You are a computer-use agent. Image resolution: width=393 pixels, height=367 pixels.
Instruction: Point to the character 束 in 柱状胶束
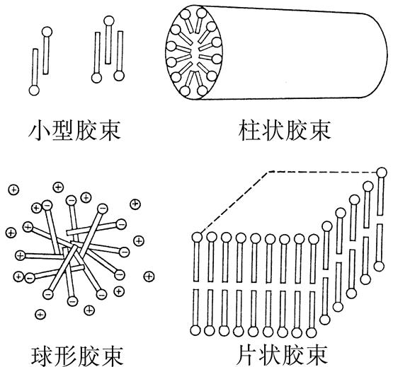320,130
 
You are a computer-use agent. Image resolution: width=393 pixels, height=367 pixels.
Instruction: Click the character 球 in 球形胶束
42,356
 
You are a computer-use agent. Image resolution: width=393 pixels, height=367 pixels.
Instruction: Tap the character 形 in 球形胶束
65,356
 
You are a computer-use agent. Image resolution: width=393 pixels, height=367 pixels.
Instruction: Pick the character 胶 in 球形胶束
89,356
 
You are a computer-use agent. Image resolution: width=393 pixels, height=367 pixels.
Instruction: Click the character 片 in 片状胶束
247,356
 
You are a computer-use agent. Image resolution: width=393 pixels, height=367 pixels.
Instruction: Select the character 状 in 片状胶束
270,356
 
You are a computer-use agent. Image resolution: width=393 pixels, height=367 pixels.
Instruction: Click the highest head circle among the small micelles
109,21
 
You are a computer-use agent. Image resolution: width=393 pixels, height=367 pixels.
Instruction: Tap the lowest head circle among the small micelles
34,91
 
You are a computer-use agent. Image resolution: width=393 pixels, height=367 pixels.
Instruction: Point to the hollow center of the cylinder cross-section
195,53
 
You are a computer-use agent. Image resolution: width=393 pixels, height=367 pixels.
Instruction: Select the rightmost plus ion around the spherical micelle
149,276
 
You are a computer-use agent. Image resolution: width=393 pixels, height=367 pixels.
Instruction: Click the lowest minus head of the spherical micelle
72,301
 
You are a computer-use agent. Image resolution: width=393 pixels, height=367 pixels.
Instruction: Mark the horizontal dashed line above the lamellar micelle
323,172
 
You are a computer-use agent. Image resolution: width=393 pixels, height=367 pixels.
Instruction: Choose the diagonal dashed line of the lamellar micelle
234,201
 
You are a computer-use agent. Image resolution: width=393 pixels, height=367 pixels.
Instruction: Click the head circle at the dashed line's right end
382,173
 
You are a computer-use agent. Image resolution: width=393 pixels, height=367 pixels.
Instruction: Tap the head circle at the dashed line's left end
198,237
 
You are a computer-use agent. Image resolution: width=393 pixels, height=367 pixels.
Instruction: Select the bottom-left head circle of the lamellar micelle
195,330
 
